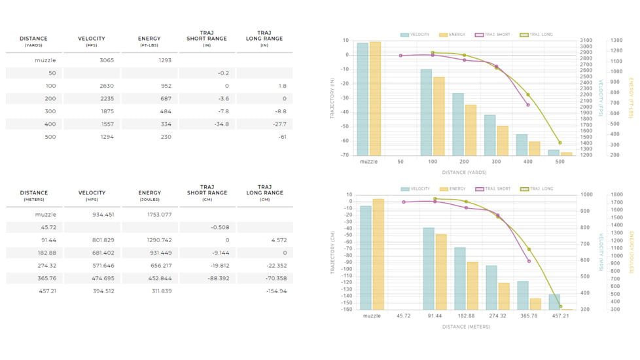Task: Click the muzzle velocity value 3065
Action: tap(107, 60)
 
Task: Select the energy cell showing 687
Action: tap(166, 98)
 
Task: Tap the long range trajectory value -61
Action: tap(282, 137)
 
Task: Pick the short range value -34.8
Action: tap(222, 124)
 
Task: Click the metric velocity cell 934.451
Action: tap(103, 214)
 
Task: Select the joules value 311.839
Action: tap(162, 291)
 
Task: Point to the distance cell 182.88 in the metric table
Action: tap(47, 253)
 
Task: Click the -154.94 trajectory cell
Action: tap(276, 291)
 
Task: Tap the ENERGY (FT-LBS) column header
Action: tap(149, 41)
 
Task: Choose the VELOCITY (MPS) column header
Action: tap(92, 196)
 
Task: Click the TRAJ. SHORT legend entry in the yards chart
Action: tap(493, 35)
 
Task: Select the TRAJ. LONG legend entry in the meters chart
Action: tap(537, 189)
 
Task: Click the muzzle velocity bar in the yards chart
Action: tap(363, 99)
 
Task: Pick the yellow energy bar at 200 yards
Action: tap(471, 130)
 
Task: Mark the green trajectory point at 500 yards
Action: tap(560, 143)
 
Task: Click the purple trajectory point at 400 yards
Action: tap(528, 105)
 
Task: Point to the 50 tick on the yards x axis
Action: tap(400, 162)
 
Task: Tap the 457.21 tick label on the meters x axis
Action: tap(560, 316)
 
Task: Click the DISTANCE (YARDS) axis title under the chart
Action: tap(464, 173)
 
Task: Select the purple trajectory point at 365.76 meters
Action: tap(529, 261)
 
